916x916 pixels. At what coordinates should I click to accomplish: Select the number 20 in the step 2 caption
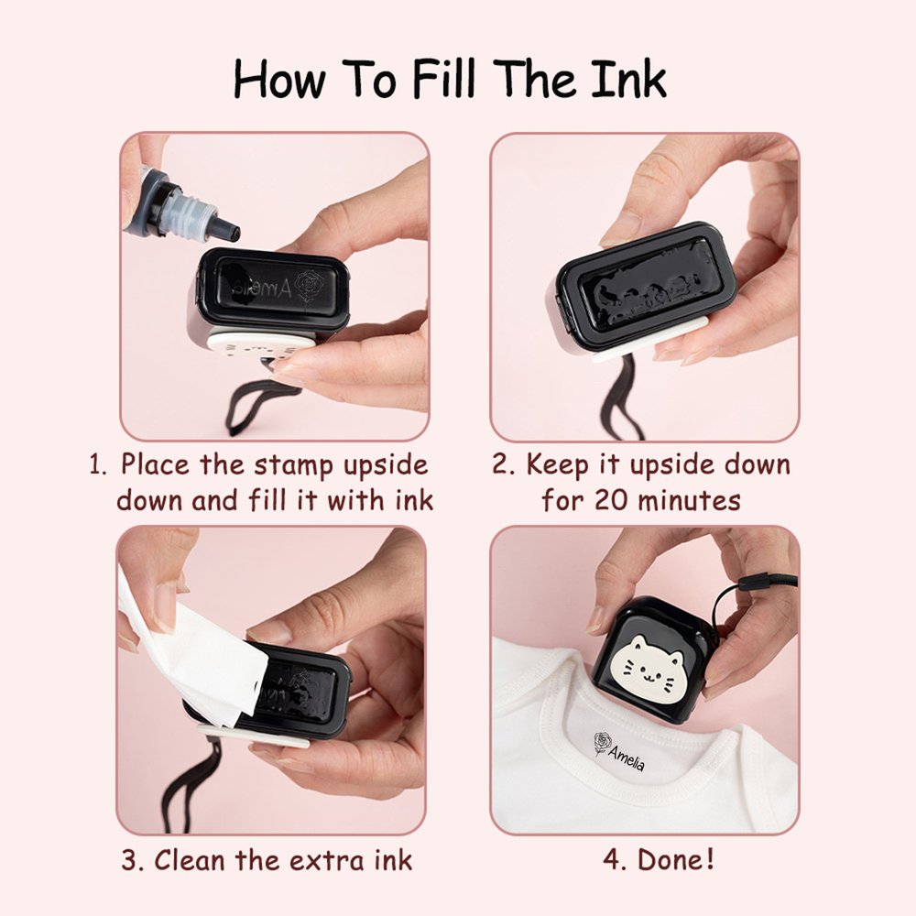[611, 501]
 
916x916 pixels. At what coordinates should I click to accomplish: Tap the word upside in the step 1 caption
[386, 465]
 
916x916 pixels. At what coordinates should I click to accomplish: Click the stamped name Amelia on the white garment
[627, 758]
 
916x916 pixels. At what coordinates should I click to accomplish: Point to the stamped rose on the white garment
[603, 745]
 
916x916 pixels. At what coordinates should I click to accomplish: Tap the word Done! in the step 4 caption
[676, 859]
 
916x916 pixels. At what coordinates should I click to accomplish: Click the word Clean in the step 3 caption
[190, 860]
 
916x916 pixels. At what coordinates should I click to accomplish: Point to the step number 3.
[132, 860]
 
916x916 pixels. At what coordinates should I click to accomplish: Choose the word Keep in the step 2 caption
[557, 465]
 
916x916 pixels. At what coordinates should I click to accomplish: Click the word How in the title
[279, 79]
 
